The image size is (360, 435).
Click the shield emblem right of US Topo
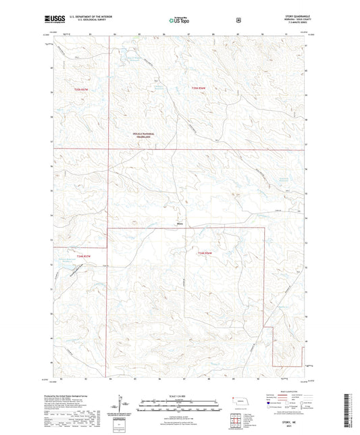(x=238, y=20)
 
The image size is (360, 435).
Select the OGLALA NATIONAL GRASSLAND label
(x=144, y=135)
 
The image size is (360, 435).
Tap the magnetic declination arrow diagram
(x=120, y=406)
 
